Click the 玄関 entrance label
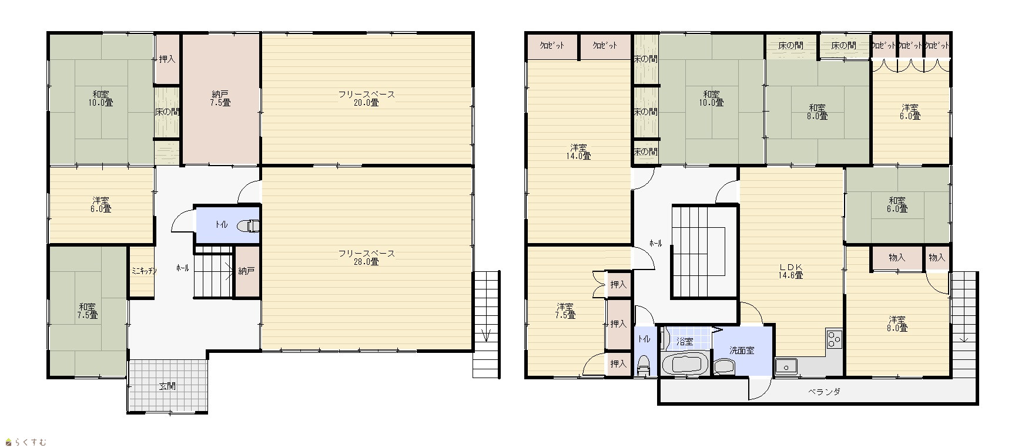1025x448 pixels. [167, 387]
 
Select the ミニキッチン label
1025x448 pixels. [143, 271]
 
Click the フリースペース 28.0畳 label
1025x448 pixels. [366, 258]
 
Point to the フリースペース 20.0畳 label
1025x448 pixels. [366, 98]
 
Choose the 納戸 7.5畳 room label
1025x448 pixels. [221, 98]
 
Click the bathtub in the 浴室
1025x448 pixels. [684, 364]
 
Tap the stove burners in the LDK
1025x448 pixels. [835, 339]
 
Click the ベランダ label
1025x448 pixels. [823, 392]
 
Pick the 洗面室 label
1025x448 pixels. [742, 350]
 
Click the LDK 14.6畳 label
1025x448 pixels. [791, 271]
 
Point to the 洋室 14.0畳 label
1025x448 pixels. [578, 151]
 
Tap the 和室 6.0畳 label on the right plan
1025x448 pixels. [897, 204]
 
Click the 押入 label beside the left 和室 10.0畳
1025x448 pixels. [168, 59]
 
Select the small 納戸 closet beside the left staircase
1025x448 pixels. [247, 271]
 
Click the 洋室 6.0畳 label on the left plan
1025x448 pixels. [101, 204]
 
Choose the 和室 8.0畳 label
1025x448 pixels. [817, 112]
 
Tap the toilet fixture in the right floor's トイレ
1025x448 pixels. [644, 365]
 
